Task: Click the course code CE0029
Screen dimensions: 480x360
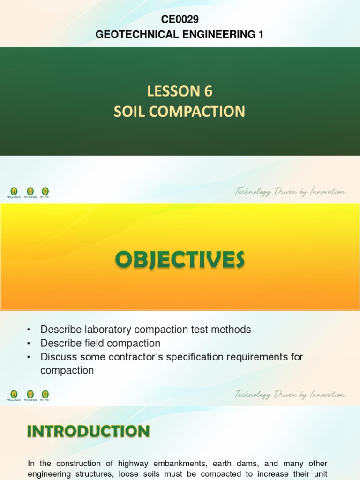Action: point(180,19)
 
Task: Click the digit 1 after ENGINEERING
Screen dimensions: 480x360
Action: point(261,34)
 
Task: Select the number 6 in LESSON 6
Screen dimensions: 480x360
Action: point(208,91)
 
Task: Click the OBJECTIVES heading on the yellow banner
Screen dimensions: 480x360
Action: point(180,259)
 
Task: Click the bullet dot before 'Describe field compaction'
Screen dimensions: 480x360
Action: point(30,344)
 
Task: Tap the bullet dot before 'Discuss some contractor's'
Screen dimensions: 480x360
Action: point(30,357)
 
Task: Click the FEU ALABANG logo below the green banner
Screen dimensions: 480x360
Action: point(14,191)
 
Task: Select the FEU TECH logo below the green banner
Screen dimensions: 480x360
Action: point(45,191)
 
